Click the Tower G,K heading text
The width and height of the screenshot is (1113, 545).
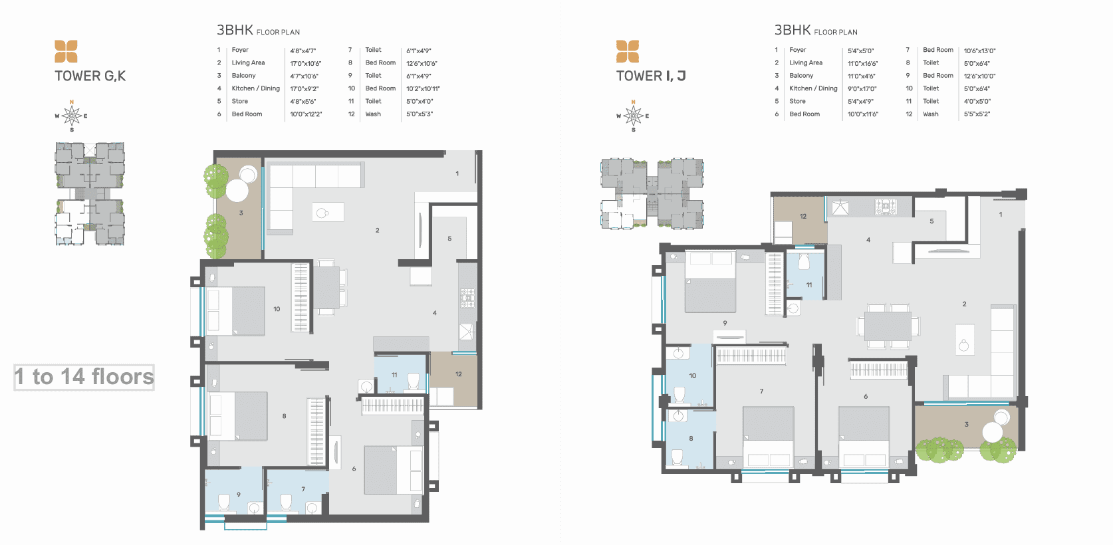point(90,76)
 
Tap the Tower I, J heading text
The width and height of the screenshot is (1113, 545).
point(651,76)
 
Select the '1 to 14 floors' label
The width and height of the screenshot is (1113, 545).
point(84,377)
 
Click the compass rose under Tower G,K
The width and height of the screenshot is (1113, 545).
point(72,116)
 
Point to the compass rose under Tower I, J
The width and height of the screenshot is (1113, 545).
point(633,116)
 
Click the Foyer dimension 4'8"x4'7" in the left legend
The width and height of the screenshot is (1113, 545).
point(303,51)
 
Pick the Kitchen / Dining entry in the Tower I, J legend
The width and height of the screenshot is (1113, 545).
point(813,88)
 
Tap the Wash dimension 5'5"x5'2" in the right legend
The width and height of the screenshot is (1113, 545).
point(977,114)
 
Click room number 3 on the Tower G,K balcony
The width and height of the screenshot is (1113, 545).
point(241,213)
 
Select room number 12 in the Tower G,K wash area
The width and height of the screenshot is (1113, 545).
point(459,374)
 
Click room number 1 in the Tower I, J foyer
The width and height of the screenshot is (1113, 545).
point(1000,215)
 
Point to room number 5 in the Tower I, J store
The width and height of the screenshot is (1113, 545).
point(931,221)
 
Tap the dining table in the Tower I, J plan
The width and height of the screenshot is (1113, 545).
point(888,326)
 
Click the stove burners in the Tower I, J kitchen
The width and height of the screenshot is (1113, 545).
point(886,206)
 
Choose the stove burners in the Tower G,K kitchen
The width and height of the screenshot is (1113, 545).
point(467,298)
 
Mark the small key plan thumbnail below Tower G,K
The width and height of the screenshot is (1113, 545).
point(90,194)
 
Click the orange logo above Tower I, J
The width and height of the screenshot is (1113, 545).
point(628,51)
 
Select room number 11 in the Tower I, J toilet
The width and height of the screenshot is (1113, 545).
point(809,284)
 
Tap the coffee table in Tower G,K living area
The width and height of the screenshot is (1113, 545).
point(328,213)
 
